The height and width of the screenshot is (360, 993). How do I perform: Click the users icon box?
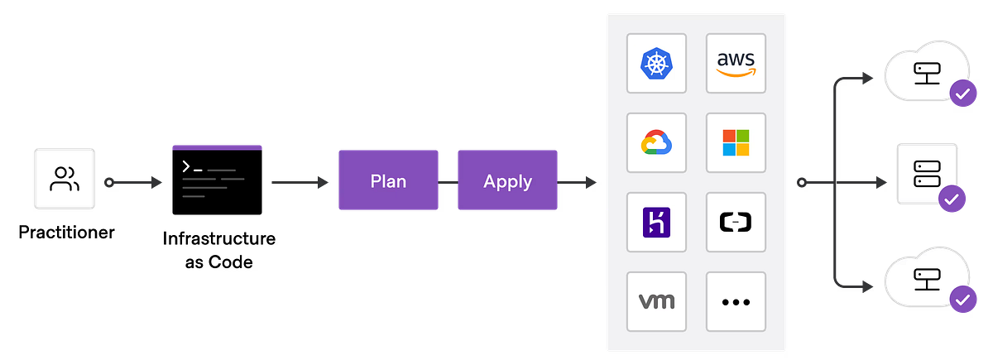pyautogui.click(x=64, y=180)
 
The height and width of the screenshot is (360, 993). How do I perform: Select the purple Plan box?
pyautogui.click(x=388, y=180)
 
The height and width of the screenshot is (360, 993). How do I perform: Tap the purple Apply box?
pyautogui.click(x=507, y=180)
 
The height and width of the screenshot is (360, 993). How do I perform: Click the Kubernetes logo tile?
pyautogui.click(x=656, y=63)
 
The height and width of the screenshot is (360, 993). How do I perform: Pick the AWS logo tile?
pyautogui.click(x=736, y=63)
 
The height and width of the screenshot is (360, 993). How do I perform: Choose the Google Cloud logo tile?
pyautogui.click(x=656, y=142)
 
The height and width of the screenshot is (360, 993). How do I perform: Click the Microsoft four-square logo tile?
pyautogui.click(x=736, y=142)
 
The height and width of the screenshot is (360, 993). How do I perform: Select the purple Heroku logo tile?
pyautogui.click(x=656, y=222)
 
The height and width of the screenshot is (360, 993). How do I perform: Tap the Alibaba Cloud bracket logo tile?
pyautogui.click(x=736, y=222)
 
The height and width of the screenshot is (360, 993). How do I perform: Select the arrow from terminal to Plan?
pyautogui.click(x=299, y=181)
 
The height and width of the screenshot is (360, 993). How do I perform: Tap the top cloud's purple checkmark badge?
pyautogui.click(x=962, y=94)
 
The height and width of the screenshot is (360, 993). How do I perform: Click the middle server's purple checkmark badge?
pyautogui.click(x=952, y=199)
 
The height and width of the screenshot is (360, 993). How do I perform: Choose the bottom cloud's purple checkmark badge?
pyautogui.click(x=962, y=300)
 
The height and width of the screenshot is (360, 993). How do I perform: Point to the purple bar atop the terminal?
pyautogui.click(x=217, y=146)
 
